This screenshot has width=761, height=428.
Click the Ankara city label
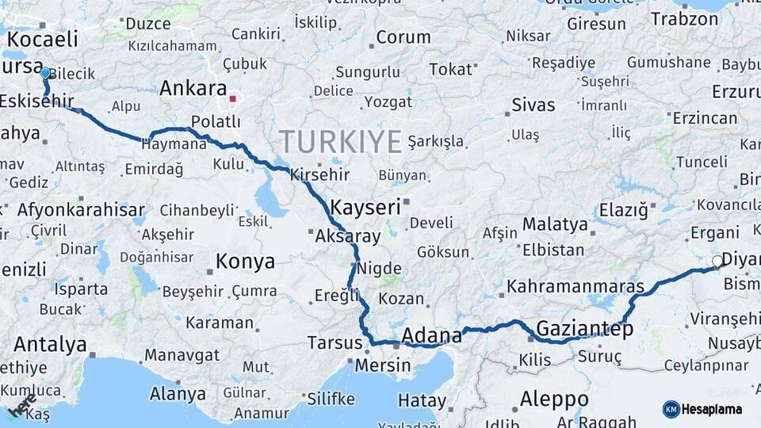[193, 89]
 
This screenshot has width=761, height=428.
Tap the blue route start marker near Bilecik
[45, 73]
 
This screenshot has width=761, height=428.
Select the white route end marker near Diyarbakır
[717, 261]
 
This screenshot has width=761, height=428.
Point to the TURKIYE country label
[340, 142]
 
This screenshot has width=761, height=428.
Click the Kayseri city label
[365, 208]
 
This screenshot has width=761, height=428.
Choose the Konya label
[246, 262]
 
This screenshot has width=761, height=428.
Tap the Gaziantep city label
[585, 328]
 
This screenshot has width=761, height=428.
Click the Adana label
[432, 335]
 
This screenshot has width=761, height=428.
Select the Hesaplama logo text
[713, 409]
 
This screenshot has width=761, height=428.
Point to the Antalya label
[50, 345]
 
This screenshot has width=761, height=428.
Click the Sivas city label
[533, 105]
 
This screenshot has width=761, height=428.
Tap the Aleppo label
[554, 399]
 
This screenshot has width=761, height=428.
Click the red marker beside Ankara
[232, 99]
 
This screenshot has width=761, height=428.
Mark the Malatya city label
[555, 225]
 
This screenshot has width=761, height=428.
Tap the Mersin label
[382, 365]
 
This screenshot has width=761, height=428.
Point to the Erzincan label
[705, 118]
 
